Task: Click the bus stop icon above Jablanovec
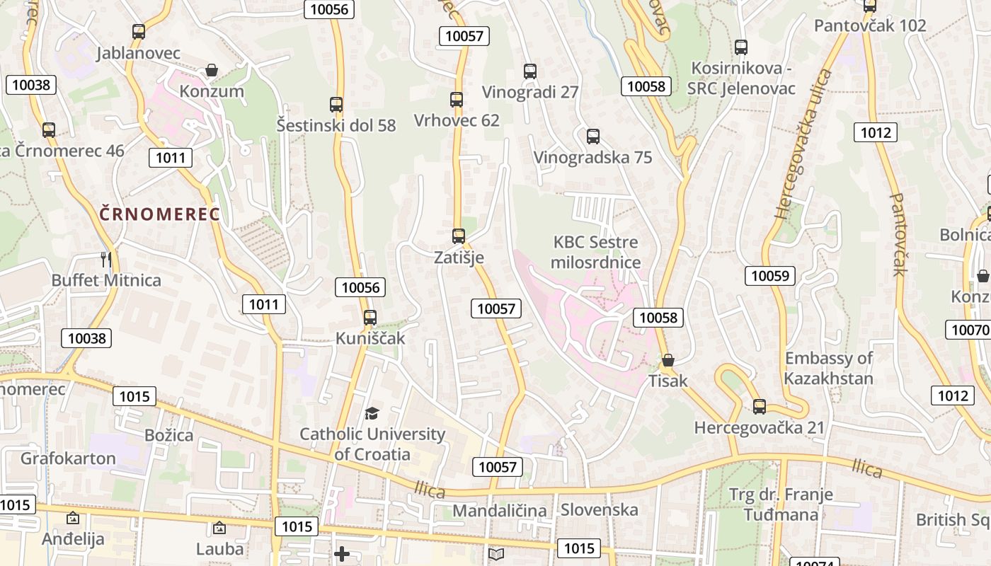[x=139, y=32]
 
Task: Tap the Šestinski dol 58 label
[x=336, y=126]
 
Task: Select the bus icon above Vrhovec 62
[x=457, y=100]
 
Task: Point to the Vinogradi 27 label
[x=530, y=92]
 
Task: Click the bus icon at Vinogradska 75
[x=593, y=137]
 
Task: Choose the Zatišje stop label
[x=459, y=258]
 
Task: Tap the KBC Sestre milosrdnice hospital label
[x=596, y=253]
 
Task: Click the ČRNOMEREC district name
[x=160, y=214]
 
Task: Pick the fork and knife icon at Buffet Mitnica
[x=106, y=260]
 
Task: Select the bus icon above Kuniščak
[x=370, y=318]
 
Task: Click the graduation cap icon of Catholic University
[x=372, y=413]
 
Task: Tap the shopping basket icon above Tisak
[x=668, y=361]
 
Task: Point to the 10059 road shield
[x=769, y=275]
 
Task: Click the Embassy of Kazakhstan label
[x=828, y=368]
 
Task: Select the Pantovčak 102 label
[x=870, y=26]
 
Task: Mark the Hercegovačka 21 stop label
[x=760, y=428]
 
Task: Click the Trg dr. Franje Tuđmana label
[x=781, y=504]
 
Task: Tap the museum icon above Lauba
[x=219, y=528]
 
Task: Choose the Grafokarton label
[x=68, y=458]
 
